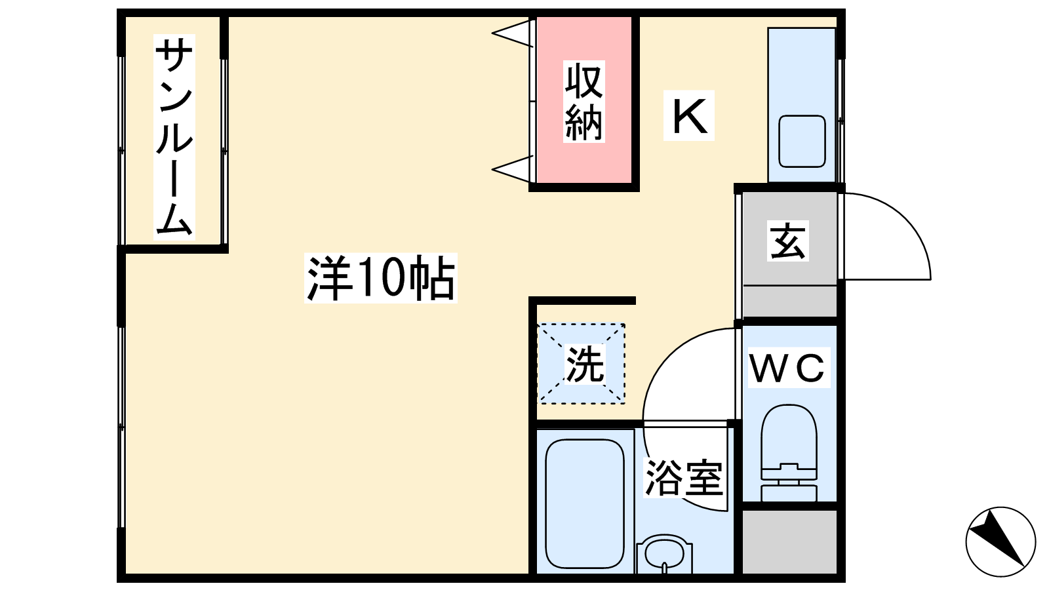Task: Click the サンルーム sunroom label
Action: pos(174,136)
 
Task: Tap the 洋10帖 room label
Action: pos(380,279)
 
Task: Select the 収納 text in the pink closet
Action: pos(584,102)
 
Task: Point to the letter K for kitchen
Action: pos(689,116)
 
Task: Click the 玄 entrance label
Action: pos(787,241)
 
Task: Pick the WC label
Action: pos(787,368)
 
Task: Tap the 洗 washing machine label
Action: pos(584,364)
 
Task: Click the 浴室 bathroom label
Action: pos(684,478)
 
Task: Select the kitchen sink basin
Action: pos(802,141)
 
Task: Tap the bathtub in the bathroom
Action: pos(584,503)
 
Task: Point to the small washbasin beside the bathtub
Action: pos(664,555)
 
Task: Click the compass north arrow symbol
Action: pos(1000,541)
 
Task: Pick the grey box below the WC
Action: pos(789,541)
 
